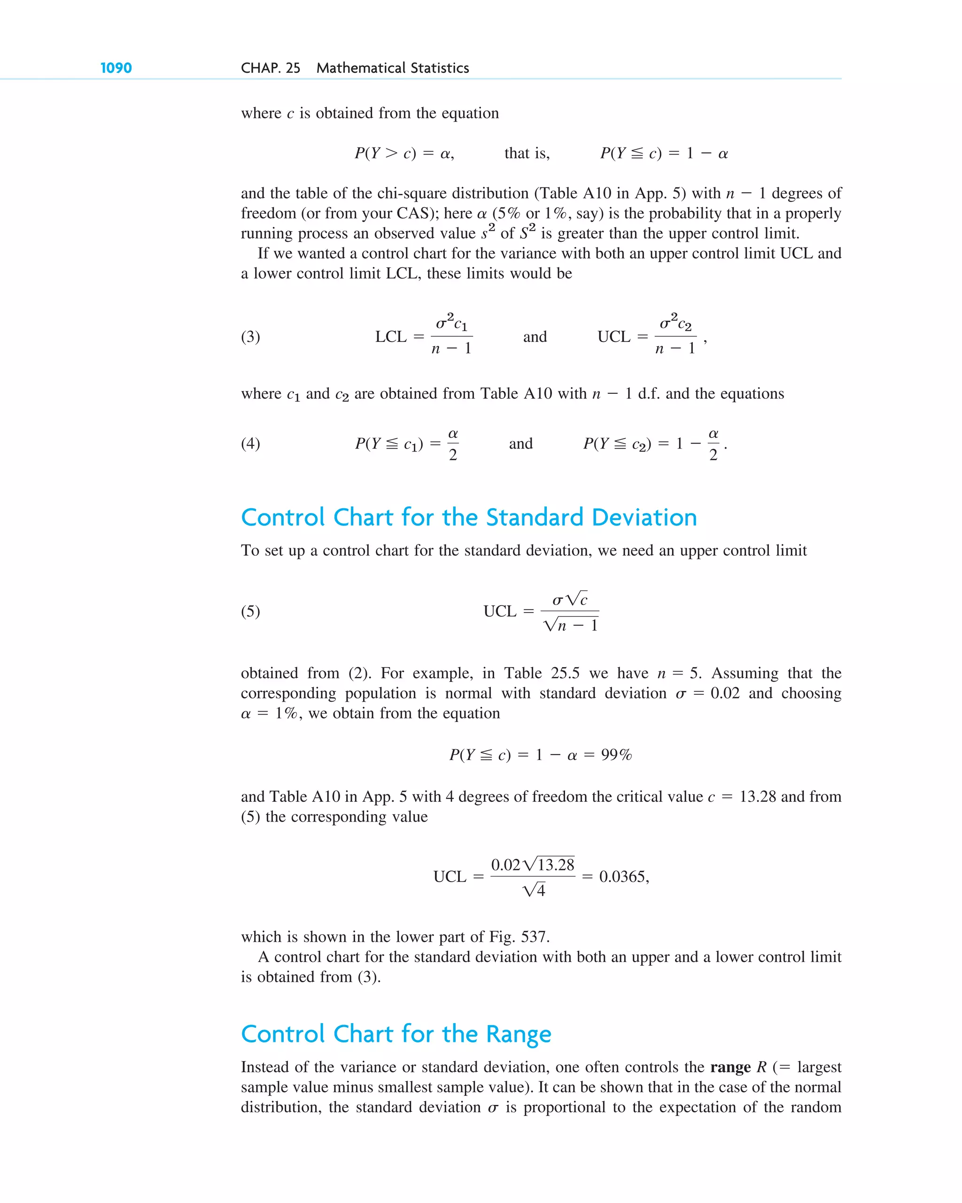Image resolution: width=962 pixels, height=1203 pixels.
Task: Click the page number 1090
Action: [116, 68]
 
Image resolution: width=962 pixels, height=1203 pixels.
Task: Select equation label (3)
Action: [250, 336]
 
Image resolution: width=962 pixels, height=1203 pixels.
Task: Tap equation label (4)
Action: [250, 443]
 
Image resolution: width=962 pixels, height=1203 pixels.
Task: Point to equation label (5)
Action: [250, 612]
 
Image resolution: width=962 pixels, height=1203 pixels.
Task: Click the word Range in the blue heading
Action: [519, 1034]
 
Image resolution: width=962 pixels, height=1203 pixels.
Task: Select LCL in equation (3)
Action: [391, 337]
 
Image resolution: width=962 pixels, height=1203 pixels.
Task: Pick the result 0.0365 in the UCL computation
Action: [623, 877]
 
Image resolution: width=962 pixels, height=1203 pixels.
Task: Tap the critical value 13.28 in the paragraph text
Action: [757, 797]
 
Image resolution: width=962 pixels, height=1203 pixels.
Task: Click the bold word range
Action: [730, 1067]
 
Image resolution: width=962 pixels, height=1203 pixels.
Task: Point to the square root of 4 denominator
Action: [534, 889]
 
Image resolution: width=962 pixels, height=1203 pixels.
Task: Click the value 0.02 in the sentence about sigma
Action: [724, 693]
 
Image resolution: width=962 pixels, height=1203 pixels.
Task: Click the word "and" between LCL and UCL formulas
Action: [535, 337]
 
